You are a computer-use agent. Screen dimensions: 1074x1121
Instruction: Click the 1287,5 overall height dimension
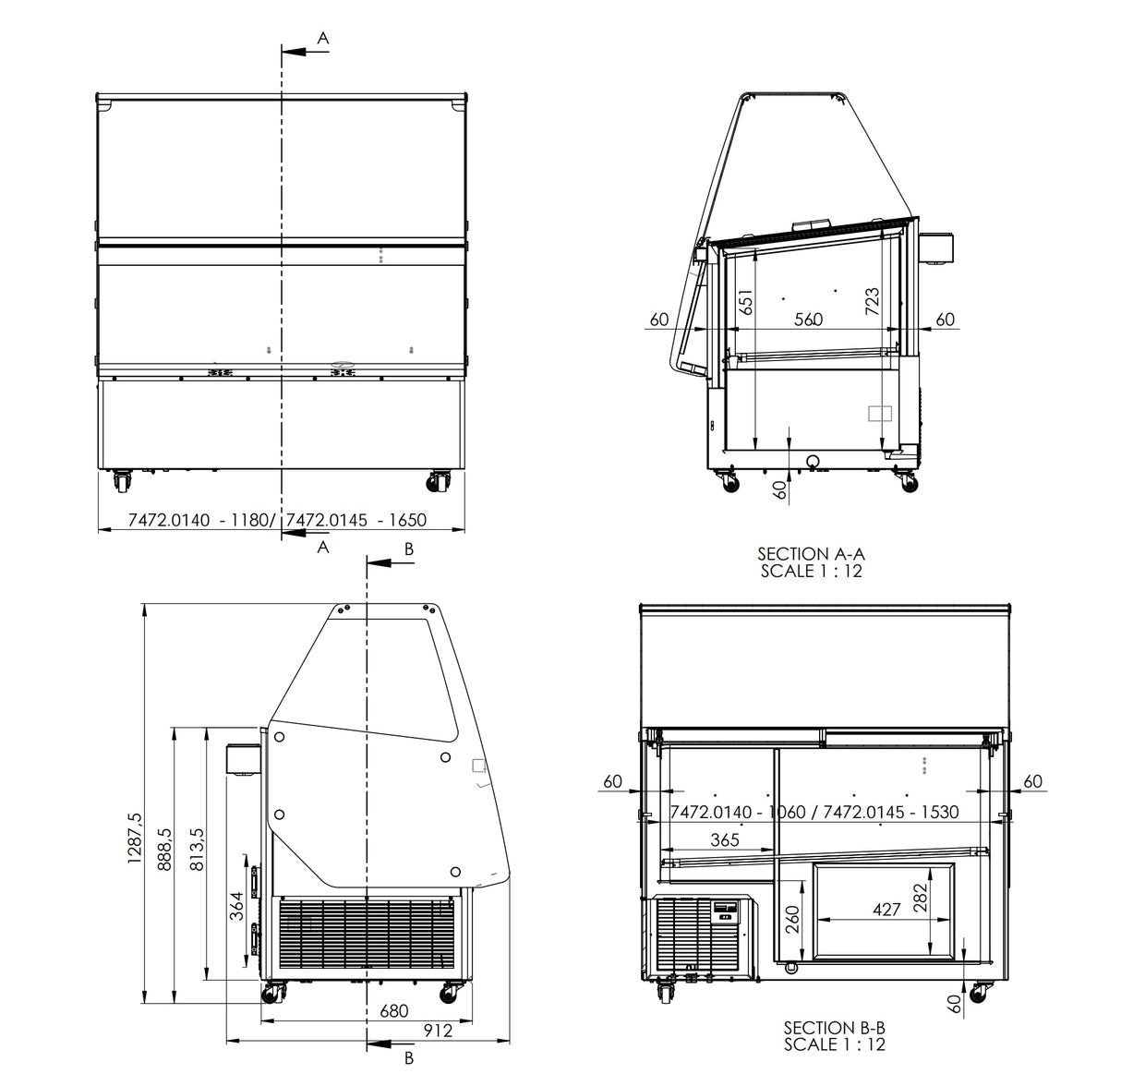pyautogui.click(x=135, y=838)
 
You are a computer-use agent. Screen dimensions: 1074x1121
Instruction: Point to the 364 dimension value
pyautogui.click(x=236, y=905)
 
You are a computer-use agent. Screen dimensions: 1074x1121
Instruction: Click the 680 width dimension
pyautogui.click(x=394, y=1011)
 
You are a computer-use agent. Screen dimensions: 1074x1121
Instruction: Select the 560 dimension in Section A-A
pyautogui.click(x=807, y=320)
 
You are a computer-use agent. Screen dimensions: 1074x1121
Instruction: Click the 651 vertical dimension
pyautogui.click(x=747, y=301)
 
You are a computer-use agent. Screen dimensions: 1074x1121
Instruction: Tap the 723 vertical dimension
pyautogui.click(x=872, y=301)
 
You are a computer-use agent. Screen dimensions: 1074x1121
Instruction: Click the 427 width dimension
pyautogui.click(x=886, y=910)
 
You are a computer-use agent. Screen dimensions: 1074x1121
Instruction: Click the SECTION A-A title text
pyautogui.click(x=811, y=554)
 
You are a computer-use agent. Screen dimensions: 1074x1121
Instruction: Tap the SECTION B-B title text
pyautogui.click(x=834, y=1027)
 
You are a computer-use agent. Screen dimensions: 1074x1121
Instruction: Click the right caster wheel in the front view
pyautogui.click(x=438, y=481)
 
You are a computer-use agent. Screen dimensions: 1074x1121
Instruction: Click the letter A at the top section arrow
pyautogui.click(x=323, y=38)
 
